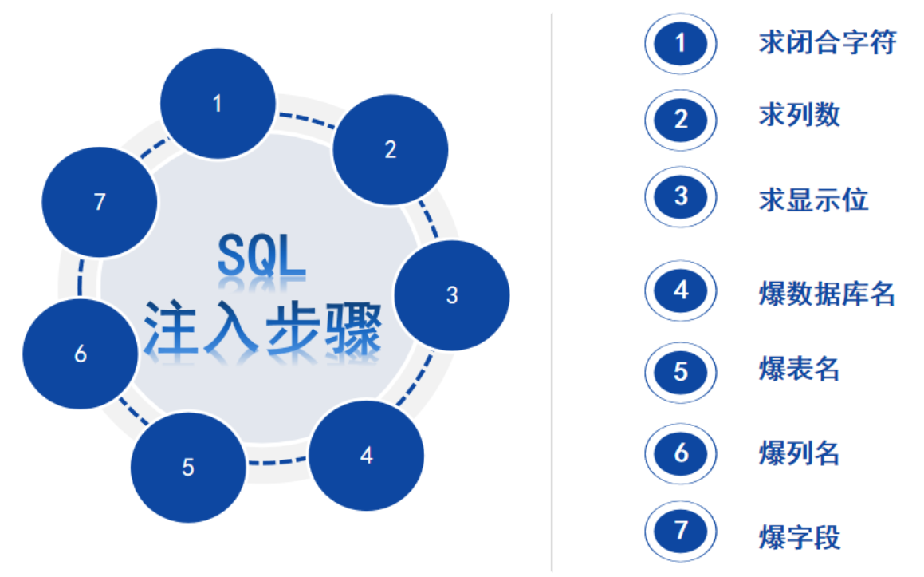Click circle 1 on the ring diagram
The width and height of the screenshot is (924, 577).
218,103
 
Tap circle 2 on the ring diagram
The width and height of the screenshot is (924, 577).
390,149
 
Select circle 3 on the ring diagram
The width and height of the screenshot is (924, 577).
452,294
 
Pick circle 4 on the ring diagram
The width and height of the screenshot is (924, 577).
366,456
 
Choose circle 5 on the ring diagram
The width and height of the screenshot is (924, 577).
188,467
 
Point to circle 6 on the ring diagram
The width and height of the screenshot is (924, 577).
81,353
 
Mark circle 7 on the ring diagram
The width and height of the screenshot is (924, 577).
100,202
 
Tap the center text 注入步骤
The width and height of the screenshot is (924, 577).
262,327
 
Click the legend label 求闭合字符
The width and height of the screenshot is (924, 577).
828,42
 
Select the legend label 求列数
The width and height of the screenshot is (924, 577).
800,116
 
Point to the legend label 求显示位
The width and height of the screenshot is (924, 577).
813,199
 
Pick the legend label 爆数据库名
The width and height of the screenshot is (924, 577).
828,294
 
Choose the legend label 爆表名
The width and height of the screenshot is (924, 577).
800,370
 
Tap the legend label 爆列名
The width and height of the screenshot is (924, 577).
800,454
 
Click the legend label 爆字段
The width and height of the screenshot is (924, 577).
800,536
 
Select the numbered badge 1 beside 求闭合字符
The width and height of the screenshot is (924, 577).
680,43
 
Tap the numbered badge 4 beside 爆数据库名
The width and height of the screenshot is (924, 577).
680,290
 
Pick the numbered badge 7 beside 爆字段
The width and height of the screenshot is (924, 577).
680,532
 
